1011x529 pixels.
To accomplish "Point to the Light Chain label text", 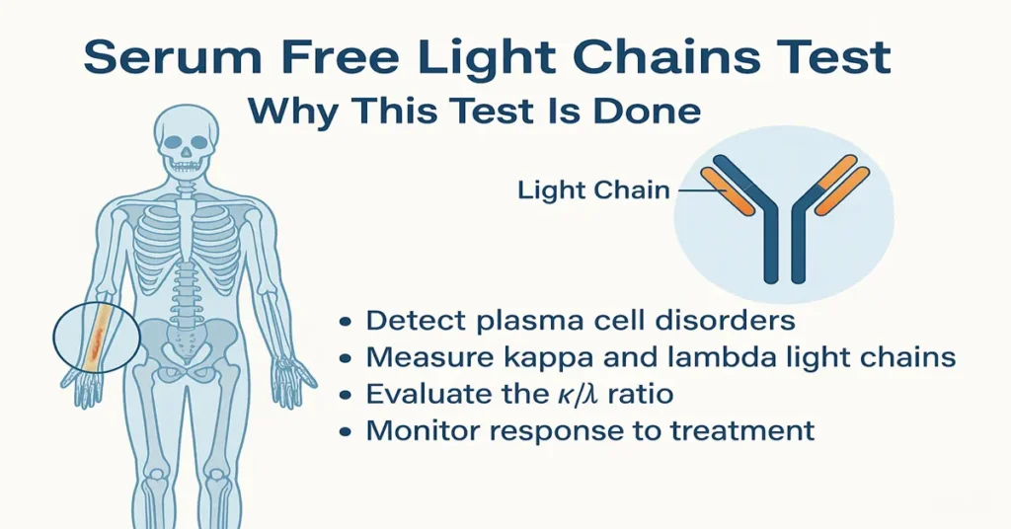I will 593,189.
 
